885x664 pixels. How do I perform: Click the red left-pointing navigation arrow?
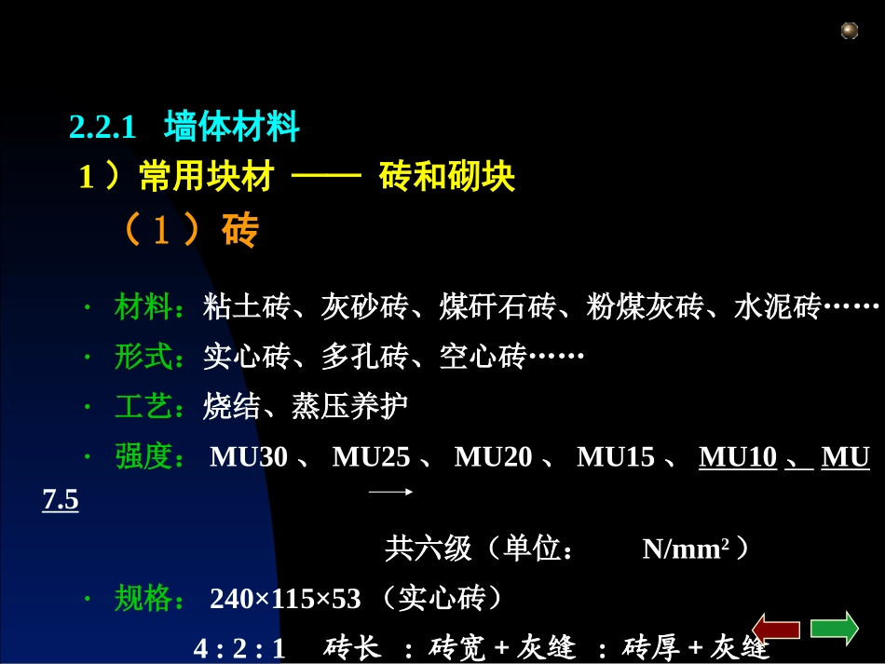click(776, 629)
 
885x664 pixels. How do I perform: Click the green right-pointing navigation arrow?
click(834, 628)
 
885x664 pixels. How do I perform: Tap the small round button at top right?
click(850, 31)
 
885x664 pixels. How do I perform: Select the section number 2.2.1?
click(102, 127)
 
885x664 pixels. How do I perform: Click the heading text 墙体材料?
click(231, 126)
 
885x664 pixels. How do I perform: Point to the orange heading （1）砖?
click(189, 232)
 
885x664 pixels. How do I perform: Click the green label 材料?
click(143, 306)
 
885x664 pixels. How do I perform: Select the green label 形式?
click(143, 357)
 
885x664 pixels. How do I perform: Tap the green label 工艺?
click(143, 407)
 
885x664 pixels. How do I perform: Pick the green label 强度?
click(143, 457)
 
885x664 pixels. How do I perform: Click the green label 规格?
click(143, 599)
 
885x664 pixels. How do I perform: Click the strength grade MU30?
click(249, 457)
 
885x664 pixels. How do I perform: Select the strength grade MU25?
click(371, 457)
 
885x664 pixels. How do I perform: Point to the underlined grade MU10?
click(738, 457)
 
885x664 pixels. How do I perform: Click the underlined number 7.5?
click(61, 501)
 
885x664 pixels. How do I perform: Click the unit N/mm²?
click(685, 549)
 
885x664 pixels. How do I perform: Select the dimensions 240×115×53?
click(285, 599)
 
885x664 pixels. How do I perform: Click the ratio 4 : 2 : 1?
click(238, 649)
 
